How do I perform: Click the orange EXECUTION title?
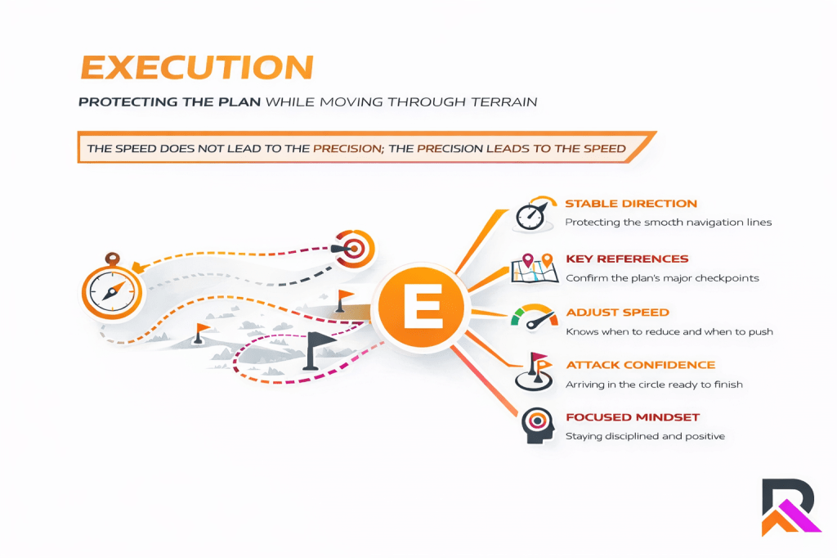coord(195,67)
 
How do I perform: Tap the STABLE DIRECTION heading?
coord(631,204)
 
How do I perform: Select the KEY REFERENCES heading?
coord(627,259)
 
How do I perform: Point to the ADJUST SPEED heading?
coord(617,313)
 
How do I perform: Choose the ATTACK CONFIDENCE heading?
coord(640,365)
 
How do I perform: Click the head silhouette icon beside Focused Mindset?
coord(535,426)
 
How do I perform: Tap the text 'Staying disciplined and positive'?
coord(645,436)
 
